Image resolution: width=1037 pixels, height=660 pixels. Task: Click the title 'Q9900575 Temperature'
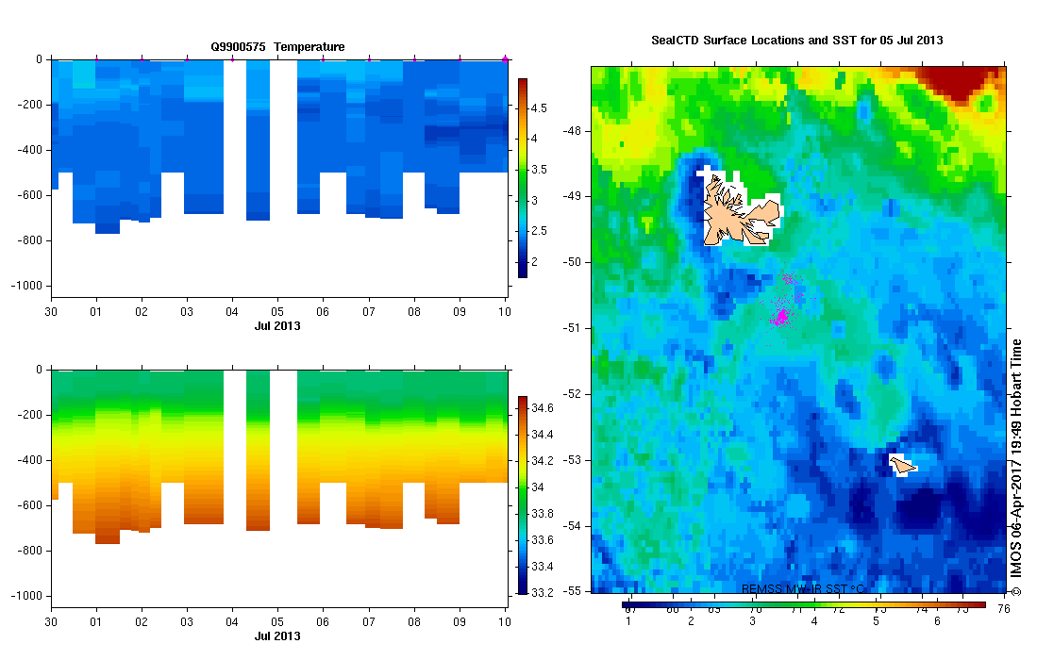(x=277, y=46)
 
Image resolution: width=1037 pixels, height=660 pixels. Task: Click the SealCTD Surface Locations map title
(x=797, y=41)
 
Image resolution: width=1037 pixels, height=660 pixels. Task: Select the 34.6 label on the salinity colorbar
(x=543, y=408)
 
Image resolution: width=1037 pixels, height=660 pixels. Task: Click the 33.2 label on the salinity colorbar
(x=543, y=593)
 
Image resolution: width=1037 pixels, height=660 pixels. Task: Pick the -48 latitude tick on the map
(x=574, y=131)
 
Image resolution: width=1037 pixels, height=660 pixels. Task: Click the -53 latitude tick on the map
(x=574, y=460)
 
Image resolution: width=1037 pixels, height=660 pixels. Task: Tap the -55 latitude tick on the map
(x=574, y=591)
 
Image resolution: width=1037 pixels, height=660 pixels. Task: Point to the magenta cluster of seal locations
(x=781, y=316)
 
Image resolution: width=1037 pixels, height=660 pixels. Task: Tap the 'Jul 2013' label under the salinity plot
(x=277, y=635)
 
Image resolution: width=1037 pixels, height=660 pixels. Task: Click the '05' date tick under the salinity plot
(x=277, y=623)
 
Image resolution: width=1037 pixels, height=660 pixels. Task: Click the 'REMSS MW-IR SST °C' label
(x=803, y=589)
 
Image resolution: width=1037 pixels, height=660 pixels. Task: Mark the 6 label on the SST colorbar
(x=937, y=621)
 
